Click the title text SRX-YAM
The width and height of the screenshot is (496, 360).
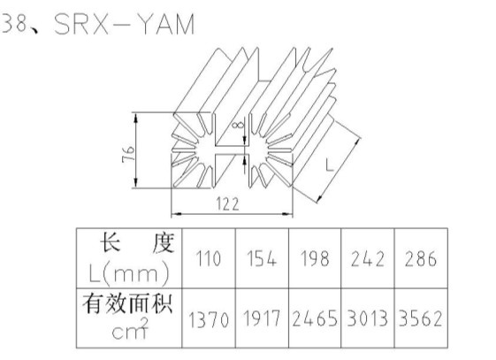[x=125, y=25]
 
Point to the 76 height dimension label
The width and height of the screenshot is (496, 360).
[x=128, y=154]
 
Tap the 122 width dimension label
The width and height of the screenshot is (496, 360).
[x=228, y=204]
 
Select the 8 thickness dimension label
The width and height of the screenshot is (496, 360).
[x=238, y=126]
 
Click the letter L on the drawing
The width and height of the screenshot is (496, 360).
[x=330, y=165]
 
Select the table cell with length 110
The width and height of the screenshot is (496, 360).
[x=208, y=258]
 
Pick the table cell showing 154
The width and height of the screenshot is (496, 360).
[x=262, y=258]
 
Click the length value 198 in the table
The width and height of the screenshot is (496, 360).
[x=315, y=258]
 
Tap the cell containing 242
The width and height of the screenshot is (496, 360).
[x=368, y=258]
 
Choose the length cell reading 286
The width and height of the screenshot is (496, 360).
[x=421, y=258]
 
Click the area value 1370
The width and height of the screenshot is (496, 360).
[x=209, y=319]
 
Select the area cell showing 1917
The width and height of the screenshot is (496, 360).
[x=262, y=318]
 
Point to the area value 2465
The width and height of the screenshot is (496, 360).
[x=315, y=318]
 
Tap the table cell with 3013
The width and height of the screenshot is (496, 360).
[x=368, y=318]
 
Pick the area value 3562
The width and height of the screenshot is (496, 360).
[x=421, y=318]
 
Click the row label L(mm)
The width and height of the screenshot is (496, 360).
[x=129, y=274]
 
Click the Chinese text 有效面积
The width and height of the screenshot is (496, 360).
[x=127, y=304]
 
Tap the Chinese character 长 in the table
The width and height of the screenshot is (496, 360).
[x=111, y=242]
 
